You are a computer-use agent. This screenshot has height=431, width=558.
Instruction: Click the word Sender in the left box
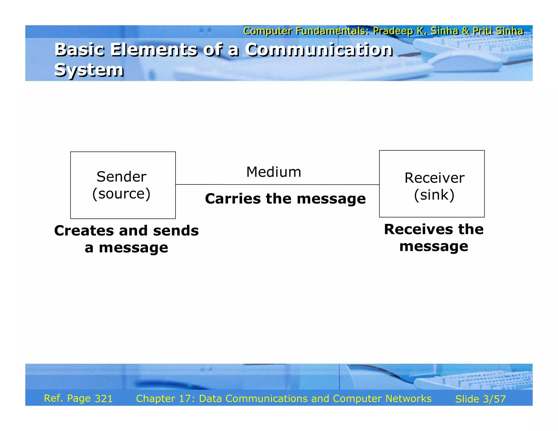pos(121,177)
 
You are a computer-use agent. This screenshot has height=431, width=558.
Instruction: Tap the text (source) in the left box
pos(121,194)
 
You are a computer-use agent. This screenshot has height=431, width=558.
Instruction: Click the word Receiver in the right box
pos(434,178)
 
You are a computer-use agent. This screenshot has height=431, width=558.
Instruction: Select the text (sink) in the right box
pos(434,195)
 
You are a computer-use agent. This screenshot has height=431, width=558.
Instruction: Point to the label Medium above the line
pos(274,172)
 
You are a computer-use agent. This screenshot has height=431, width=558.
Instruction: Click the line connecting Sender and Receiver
pos(277,185)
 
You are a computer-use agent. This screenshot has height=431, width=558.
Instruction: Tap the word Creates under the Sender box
pos(84,231)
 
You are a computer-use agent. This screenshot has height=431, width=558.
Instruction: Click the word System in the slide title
pos(89,70)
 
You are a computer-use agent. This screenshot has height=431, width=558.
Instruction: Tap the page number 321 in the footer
pos(104,399)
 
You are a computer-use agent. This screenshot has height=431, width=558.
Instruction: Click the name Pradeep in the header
pos(393,31)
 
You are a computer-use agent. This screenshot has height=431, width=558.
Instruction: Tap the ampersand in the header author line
pos(465,31)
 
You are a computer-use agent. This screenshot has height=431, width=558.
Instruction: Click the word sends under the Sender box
pos(176,231)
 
